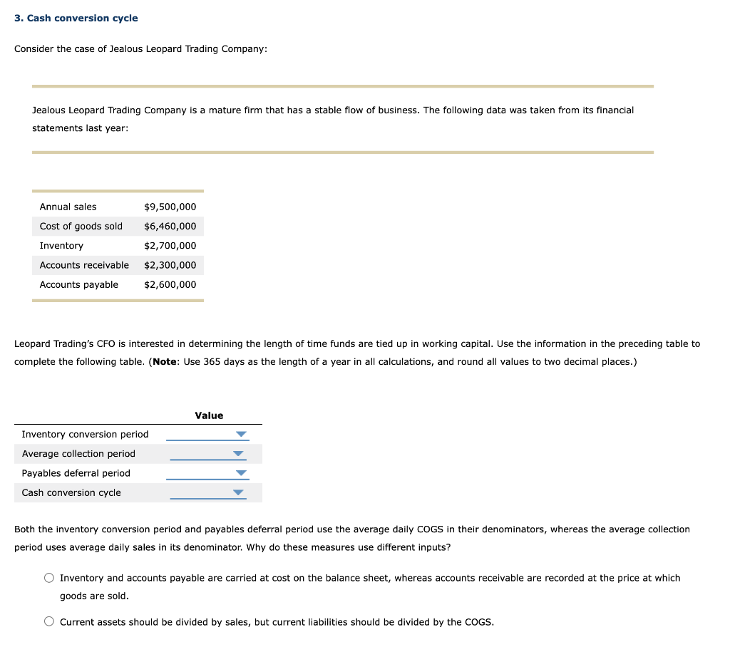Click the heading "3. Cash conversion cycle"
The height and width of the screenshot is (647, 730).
76,18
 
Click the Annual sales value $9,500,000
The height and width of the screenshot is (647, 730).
170,207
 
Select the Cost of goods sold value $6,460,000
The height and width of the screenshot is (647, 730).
170,227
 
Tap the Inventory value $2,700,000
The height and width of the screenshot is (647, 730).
170,246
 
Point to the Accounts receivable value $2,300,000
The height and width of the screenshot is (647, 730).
170,265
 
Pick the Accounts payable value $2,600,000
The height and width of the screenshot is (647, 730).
170,284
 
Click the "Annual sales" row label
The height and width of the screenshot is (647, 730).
68,207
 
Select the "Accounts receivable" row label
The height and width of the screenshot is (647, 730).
84,265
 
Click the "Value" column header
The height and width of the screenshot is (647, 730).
209,415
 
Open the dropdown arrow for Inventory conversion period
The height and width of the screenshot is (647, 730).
241,435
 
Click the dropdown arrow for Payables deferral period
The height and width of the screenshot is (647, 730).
241,473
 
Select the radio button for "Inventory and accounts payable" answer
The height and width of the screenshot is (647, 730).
49,578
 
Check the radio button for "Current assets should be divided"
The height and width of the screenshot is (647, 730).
49,622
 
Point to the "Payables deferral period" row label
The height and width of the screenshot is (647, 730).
76,473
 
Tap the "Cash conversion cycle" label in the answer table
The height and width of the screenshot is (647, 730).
71,492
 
